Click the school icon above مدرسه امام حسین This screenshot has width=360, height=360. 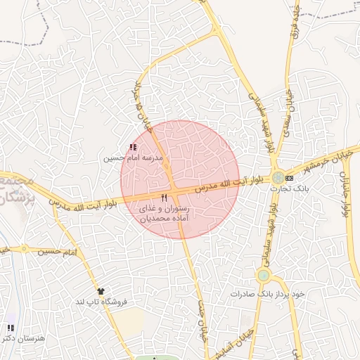click(134, 147)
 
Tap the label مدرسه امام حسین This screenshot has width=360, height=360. click(134, 159)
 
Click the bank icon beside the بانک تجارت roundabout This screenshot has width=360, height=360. click(289, 178)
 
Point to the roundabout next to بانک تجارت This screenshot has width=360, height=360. click(278, 178)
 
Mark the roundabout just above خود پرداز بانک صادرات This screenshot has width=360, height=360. click(264, 275)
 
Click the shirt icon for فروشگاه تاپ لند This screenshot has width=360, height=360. click(101, 290)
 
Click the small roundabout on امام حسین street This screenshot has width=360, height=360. click(25, 249)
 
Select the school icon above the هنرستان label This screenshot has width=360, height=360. click(10, 328)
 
